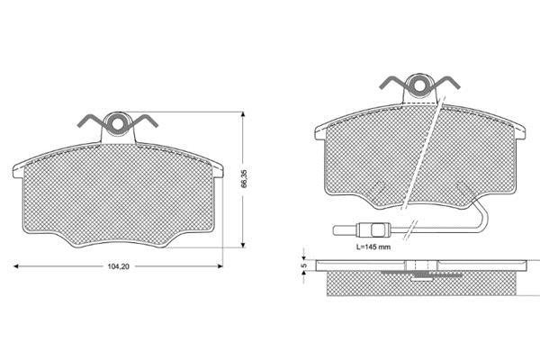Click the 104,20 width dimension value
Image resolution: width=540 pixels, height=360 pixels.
118,266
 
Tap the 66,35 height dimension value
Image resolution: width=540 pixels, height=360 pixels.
244,178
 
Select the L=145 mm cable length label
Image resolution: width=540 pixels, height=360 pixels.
373,247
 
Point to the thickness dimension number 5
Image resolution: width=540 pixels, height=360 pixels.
303,265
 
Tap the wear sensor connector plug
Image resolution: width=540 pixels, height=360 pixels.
373,229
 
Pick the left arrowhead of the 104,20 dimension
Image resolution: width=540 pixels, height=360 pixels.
15,266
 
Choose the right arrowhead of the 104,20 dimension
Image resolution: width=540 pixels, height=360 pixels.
220,266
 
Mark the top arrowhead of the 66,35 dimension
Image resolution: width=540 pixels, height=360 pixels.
243,114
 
